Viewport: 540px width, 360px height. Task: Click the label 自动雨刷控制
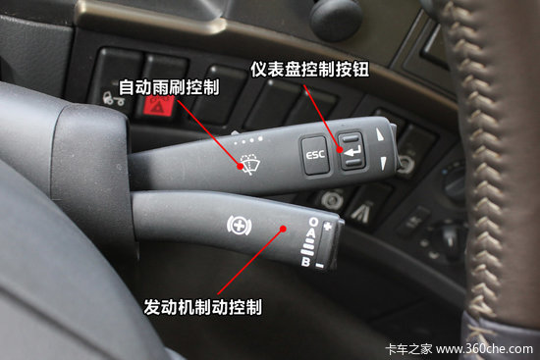pyautogui.click(x=168, y=86)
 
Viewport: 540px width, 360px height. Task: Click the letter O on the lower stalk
pyautogui.click(x=311, y=222)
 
